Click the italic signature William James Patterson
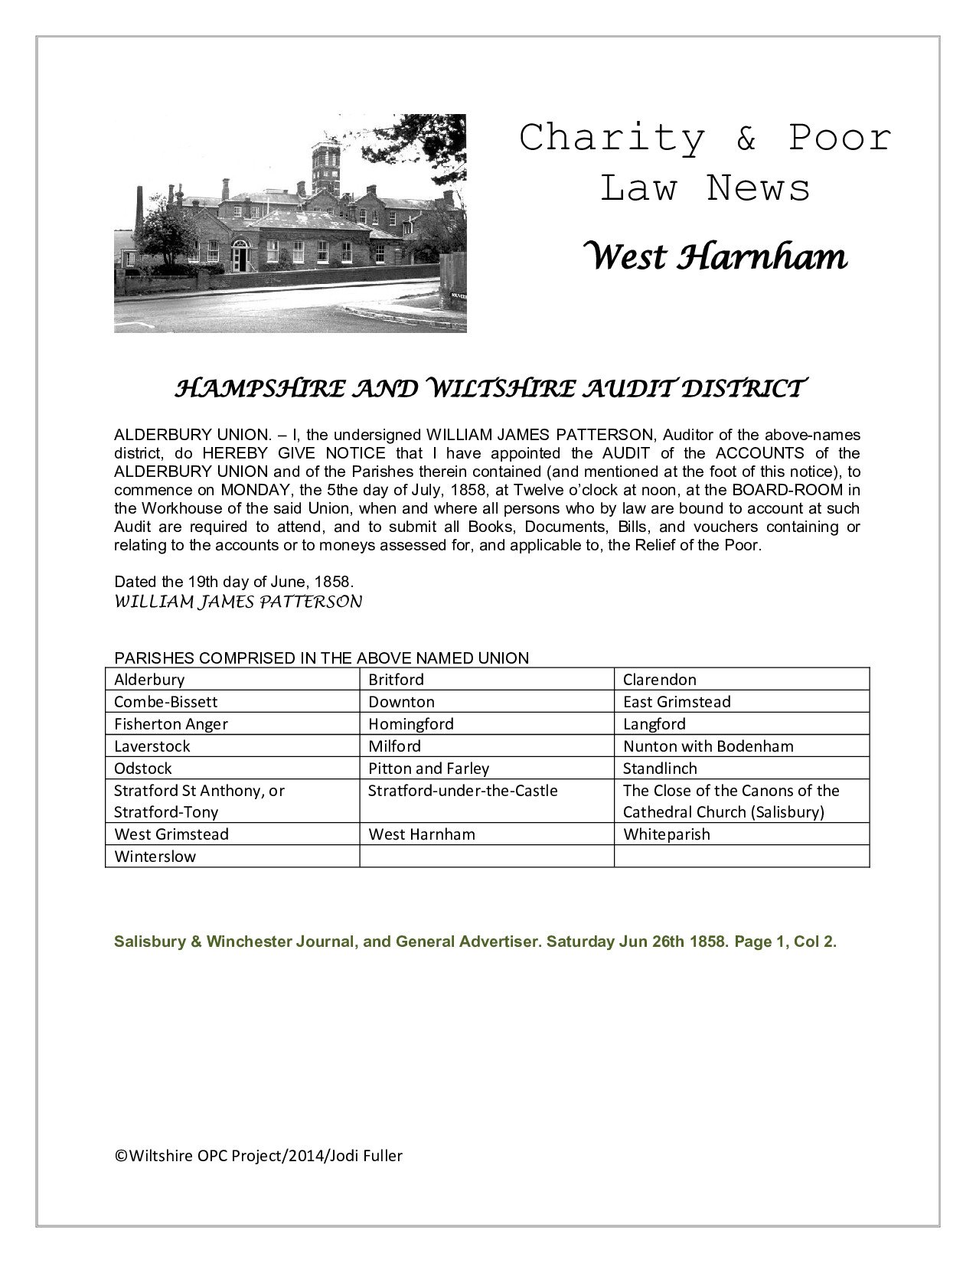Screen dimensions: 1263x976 [x=237, y=602]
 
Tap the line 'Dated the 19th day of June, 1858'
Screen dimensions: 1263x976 [x=233, y=581]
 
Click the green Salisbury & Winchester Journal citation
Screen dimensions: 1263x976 [x=475, y=942]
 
